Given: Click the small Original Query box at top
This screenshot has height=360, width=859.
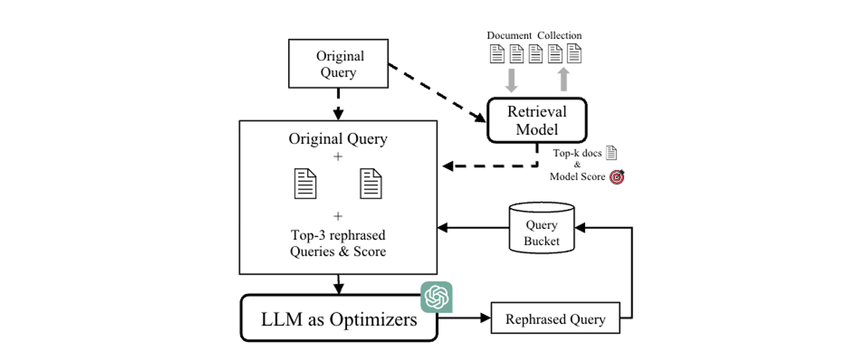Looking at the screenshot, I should [338, 64].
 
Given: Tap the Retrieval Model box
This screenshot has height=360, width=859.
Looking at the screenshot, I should [537, 120].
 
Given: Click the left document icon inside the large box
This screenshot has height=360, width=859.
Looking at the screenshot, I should [305, 184].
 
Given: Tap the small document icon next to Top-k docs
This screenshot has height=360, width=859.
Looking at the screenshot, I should [611, 153].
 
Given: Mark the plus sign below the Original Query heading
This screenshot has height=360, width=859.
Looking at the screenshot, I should [338, 156].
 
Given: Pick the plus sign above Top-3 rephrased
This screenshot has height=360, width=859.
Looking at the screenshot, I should [338, 216].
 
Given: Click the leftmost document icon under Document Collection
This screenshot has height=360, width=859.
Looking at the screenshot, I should [497, 54].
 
